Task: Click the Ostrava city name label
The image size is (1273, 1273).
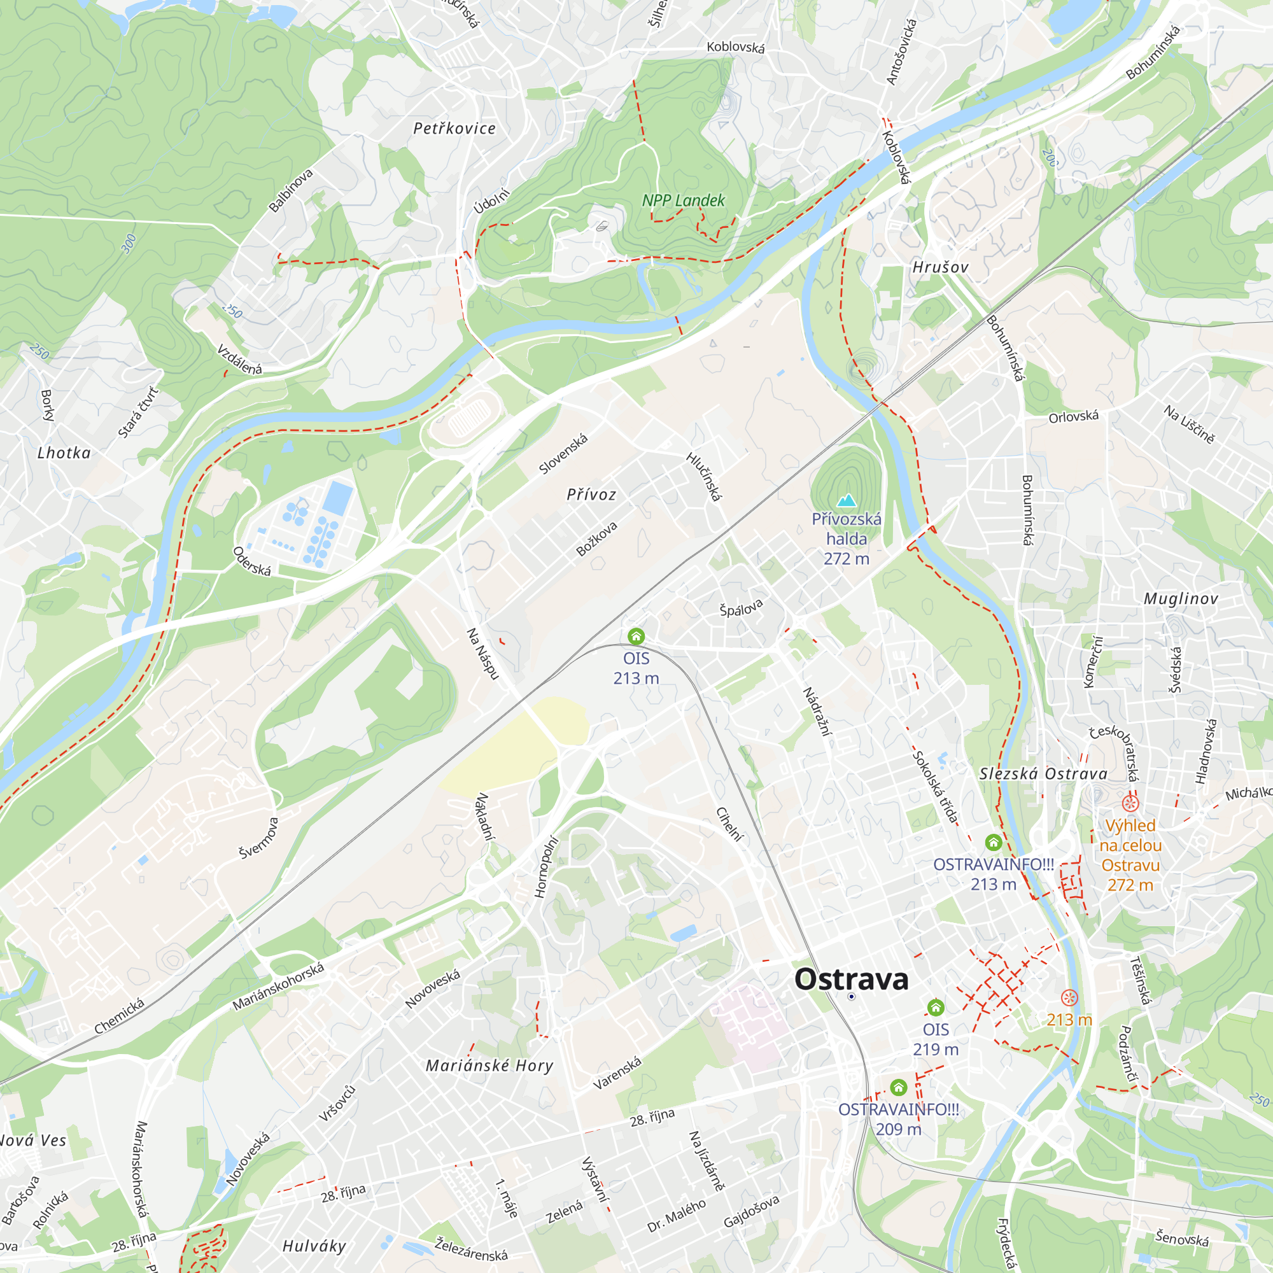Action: point(851,979)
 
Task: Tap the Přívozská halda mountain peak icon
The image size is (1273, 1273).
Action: point(846,500)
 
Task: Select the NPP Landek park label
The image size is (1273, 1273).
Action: point(683,200)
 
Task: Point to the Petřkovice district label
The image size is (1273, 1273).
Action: point(454,129)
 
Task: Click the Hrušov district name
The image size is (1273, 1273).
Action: point(940,267)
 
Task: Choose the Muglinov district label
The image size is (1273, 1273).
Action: point(1181,599)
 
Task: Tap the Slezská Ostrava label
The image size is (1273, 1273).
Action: point(1043,773)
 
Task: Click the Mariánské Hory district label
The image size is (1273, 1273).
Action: point(489,1066)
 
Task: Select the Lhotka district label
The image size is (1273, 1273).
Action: point(64,453)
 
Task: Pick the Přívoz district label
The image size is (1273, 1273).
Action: point(591,494)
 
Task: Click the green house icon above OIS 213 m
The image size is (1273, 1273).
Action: point(636,636)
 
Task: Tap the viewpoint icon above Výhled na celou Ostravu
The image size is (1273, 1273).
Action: point(1130,803)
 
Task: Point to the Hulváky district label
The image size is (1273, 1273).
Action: point(314,1246)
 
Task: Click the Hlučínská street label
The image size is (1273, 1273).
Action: point(704,476)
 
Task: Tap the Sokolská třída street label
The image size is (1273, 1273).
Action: point(935,787)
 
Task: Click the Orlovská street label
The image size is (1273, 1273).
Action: point(1073,416)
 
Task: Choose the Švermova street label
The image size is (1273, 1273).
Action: point(259,838)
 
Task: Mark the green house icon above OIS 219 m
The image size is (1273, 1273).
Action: point(936,1008)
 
